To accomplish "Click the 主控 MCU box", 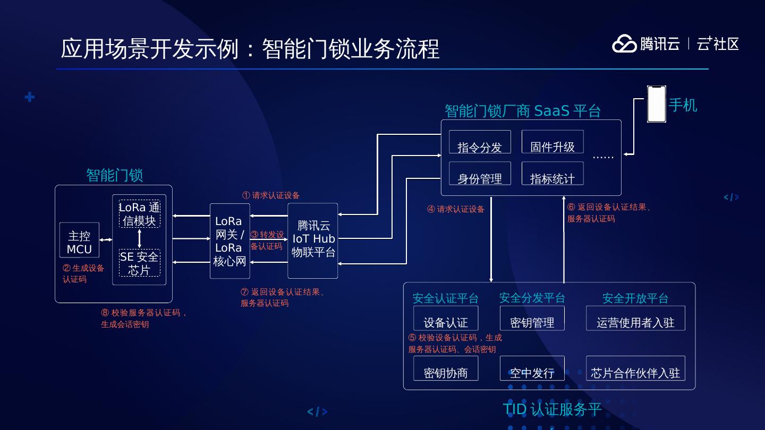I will coord(79,242).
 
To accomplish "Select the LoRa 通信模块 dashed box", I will coord(139,214).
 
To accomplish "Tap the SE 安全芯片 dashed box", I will coord(139,263).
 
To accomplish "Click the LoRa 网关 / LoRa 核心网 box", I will coord(229,241).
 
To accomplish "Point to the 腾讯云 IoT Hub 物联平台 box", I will coord(312,240).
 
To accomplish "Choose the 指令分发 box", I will coord(480,142).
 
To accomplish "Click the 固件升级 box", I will coord(552,142).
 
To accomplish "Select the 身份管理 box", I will coord(480,174).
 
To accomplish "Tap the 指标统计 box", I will coord(552,174).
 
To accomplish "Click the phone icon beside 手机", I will coord(657,104).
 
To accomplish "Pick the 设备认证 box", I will coord(446,318).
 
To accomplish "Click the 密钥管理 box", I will coord(532,318).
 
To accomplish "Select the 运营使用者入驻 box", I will coord(635,318).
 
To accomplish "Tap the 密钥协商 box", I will coord(446,368).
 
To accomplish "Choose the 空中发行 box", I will coord(532,368).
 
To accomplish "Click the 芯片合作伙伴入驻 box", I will coord(635,368).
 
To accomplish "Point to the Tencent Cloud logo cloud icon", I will coord(624,44).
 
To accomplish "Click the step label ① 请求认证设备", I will coord(271,195).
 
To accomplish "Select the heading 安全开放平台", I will coord(635,298).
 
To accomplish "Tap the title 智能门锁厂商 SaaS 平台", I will coord(522,111).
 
